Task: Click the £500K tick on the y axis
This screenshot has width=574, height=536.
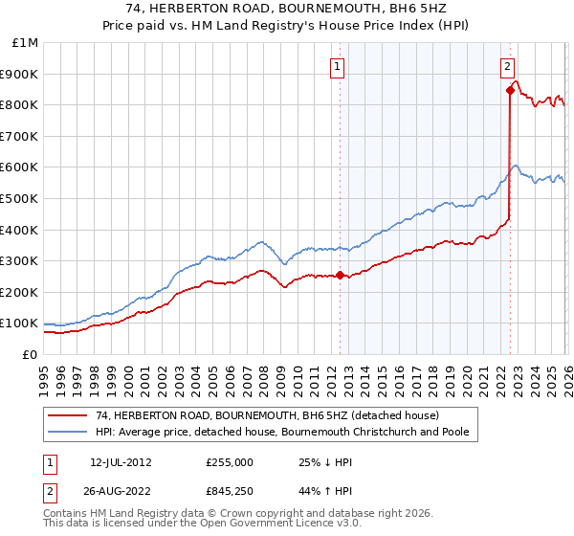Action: coord(21,198)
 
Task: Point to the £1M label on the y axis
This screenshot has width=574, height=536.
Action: coord(27,42)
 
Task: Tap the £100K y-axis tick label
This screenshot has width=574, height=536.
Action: coord(21,324)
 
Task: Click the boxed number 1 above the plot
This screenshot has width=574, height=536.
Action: coord(339,66)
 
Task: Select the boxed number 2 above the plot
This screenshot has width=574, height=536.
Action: coord(507,66)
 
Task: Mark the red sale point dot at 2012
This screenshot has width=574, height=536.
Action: coord(341,276)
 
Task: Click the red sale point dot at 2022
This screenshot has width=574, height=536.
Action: coord(510,91)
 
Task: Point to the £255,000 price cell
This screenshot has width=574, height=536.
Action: coord(230,461)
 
